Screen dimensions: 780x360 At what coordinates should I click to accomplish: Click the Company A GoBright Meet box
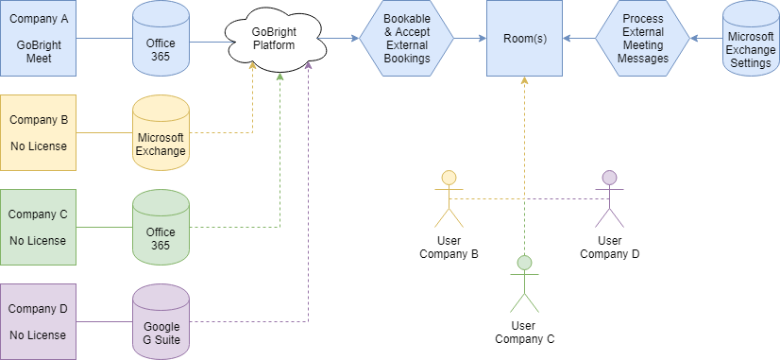pos(38,38)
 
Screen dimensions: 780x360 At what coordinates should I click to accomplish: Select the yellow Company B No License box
pos(38,132)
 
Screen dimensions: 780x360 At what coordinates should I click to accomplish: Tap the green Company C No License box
pos(38,227)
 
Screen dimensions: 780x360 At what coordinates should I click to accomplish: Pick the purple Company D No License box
pos(38,321)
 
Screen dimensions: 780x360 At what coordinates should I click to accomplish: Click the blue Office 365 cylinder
pos(161,38)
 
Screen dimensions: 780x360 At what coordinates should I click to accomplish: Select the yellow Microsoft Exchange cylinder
pos(161,132)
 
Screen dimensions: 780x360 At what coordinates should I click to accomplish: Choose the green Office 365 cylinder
pos(161,227)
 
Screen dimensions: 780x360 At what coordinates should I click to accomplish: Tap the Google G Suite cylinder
pos(161,321)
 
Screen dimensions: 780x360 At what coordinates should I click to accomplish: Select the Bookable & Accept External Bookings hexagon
pos(406,38)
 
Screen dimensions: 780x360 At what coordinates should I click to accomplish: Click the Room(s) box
pos(524,38)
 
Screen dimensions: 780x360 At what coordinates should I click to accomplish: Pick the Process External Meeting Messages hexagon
pos(643,38)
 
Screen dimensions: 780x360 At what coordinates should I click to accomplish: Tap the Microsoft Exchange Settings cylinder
pos(751,38)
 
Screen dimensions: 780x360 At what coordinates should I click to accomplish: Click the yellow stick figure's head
pos(449,178)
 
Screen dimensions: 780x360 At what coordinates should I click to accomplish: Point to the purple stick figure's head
pos(609,178)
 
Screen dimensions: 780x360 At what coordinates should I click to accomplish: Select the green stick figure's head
pos(524,263)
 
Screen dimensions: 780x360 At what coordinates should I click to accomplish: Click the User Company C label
pos(524,333)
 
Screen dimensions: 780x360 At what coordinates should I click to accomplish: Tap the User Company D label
pos(609,248)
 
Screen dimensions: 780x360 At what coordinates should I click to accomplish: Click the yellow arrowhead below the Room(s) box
pos(524,80)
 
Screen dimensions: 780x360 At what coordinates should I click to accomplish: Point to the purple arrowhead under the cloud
pos(309,64)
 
